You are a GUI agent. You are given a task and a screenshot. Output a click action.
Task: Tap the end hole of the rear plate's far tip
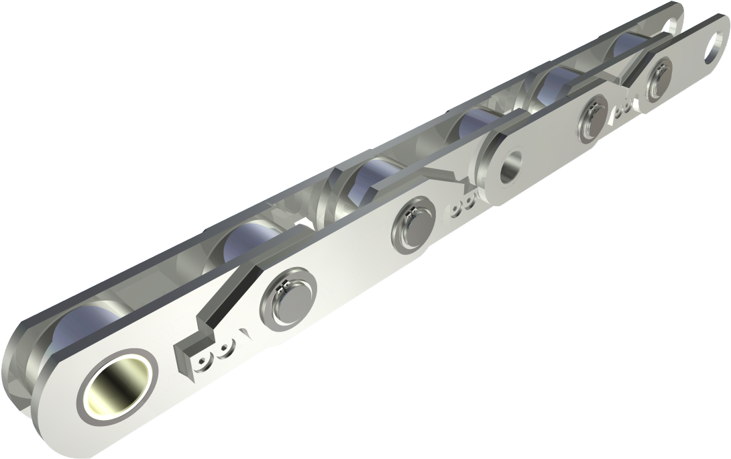coord(670,25)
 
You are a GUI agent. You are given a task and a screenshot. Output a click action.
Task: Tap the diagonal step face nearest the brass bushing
coord(228,296)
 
